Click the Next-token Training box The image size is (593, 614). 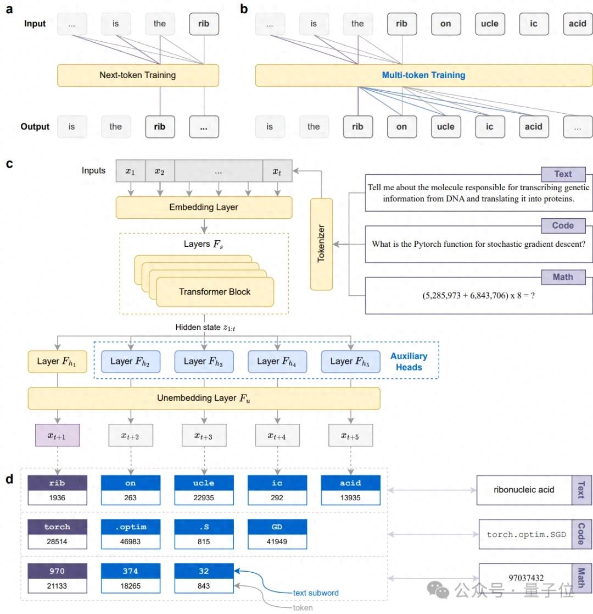point(138,75)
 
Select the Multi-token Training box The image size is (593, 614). point(424,75)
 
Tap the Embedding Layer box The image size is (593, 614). point(204,207)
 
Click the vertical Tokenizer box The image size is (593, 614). point(321,245)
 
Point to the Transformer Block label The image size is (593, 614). point(215,292)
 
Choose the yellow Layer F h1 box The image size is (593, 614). point(57,362)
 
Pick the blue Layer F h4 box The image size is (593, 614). point(277,361)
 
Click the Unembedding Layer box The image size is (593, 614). point(204,399)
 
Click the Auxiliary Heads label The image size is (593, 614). point(409,361)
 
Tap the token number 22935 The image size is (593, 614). point(204,498)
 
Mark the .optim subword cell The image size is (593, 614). point(131,527)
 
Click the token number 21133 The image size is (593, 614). point(58,586)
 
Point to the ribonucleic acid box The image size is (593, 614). point(524,489)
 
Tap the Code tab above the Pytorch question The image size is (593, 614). point(562,225)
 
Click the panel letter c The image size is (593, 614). point(9,163)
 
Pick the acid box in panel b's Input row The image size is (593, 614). point(578,24)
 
